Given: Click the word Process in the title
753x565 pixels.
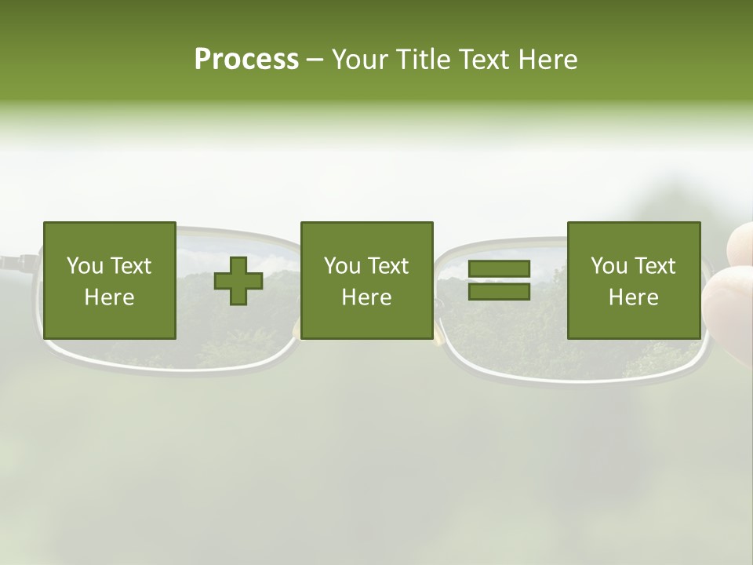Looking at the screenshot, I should pos(246,60).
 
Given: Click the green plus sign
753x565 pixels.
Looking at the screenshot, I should pos(238,281).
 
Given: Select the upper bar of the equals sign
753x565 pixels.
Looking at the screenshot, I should pos(499,269).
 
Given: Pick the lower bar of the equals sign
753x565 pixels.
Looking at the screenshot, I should pos(499,292).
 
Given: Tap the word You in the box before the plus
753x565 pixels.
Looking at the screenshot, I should pos(85,266).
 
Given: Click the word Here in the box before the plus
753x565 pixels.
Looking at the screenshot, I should pos(109,297).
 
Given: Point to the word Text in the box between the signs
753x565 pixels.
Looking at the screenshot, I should pos(388,266).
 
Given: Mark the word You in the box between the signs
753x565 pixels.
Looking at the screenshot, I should pos(342,266).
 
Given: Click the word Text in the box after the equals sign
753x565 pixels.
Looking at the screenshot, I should pos(655,266).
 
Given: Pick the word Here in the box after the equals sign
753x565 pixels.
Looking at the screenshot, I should pos(633,297).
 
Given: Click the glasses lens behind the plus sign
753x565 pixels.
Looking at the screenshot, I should pos(235,330).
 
